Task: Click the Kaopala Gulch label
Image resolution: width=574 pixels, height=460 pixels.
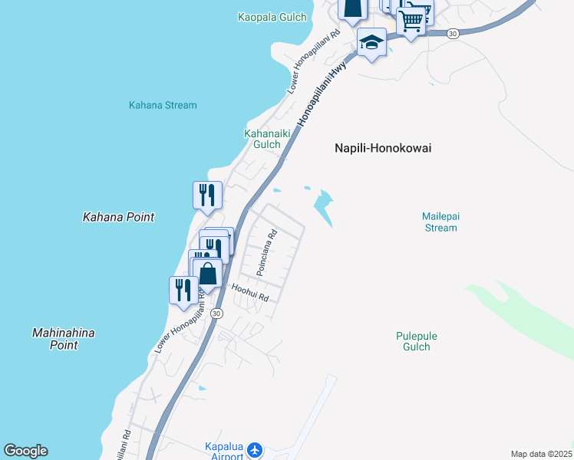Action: point(272,17)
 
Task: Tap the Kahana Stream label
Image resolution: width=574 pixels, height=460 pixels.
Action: point(163,105)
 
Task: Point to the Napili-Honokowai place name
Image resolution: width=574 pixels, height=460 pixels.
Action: point(383,149)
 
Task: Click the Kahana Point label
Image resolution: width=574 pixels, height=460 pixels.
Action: point(118,217)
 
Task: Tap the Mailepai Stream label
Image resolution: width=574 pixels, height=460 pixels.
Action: point(440,222)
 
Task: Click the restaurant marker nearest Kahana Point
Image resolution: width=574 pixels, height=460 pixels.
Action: point(207,195)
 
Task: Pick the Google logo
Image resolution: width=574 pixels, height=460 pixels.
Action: point(25,451)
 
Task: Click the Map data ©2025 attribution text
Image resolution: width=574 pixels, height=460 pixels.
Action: point(541,454)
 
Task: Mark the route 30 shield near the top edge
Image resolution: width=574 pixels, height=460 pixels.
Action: point(453,34)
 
